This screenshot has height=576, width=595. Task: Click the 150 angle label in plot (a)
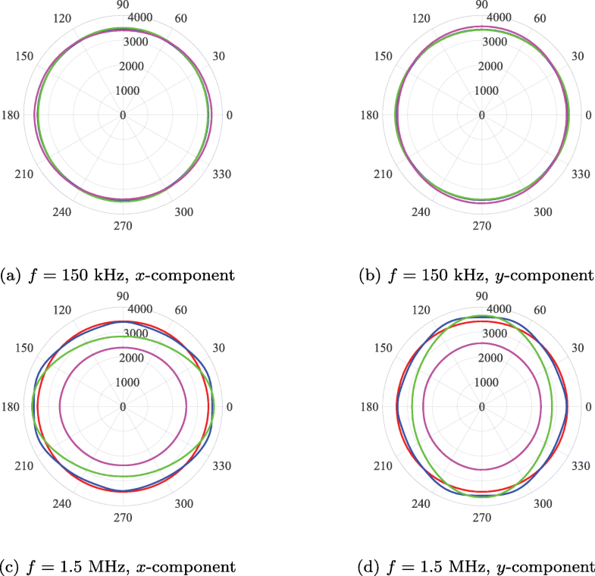tap(23, 56)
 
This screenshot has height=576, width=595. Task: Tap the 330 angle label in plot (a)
tap(223, 174)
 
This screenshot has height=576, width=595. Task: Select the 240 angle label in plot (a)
tap(62, 211)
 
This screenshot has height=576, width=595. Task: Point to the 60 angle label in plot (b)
tap(540, 17)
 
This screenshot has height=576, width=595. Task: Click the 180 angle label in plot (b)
tap(368, 115)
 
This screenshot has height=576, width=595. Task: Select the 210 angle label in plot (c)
tap(23, 466)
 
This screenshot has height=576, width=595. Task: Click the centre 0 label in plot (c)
tap(123, 407)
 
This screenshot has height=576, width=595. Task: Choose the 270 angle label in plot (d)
tap(481, 518)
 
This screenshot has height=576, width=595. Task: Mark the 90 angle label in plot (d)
tap(481, 296)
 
